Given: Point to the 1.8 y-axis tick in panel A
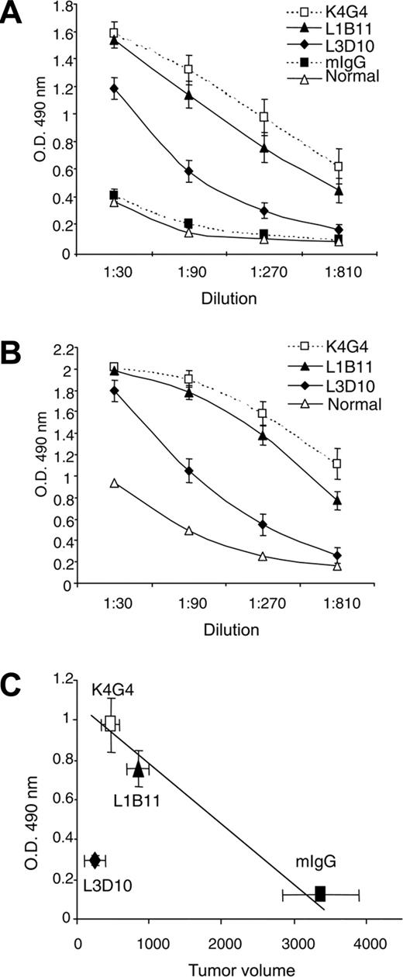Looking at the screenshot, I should [61, 10].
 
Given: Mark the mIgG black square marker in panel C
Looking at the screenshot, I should [319, 894].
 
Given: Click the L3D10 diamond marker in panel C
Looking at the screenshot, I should [95, 860].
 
